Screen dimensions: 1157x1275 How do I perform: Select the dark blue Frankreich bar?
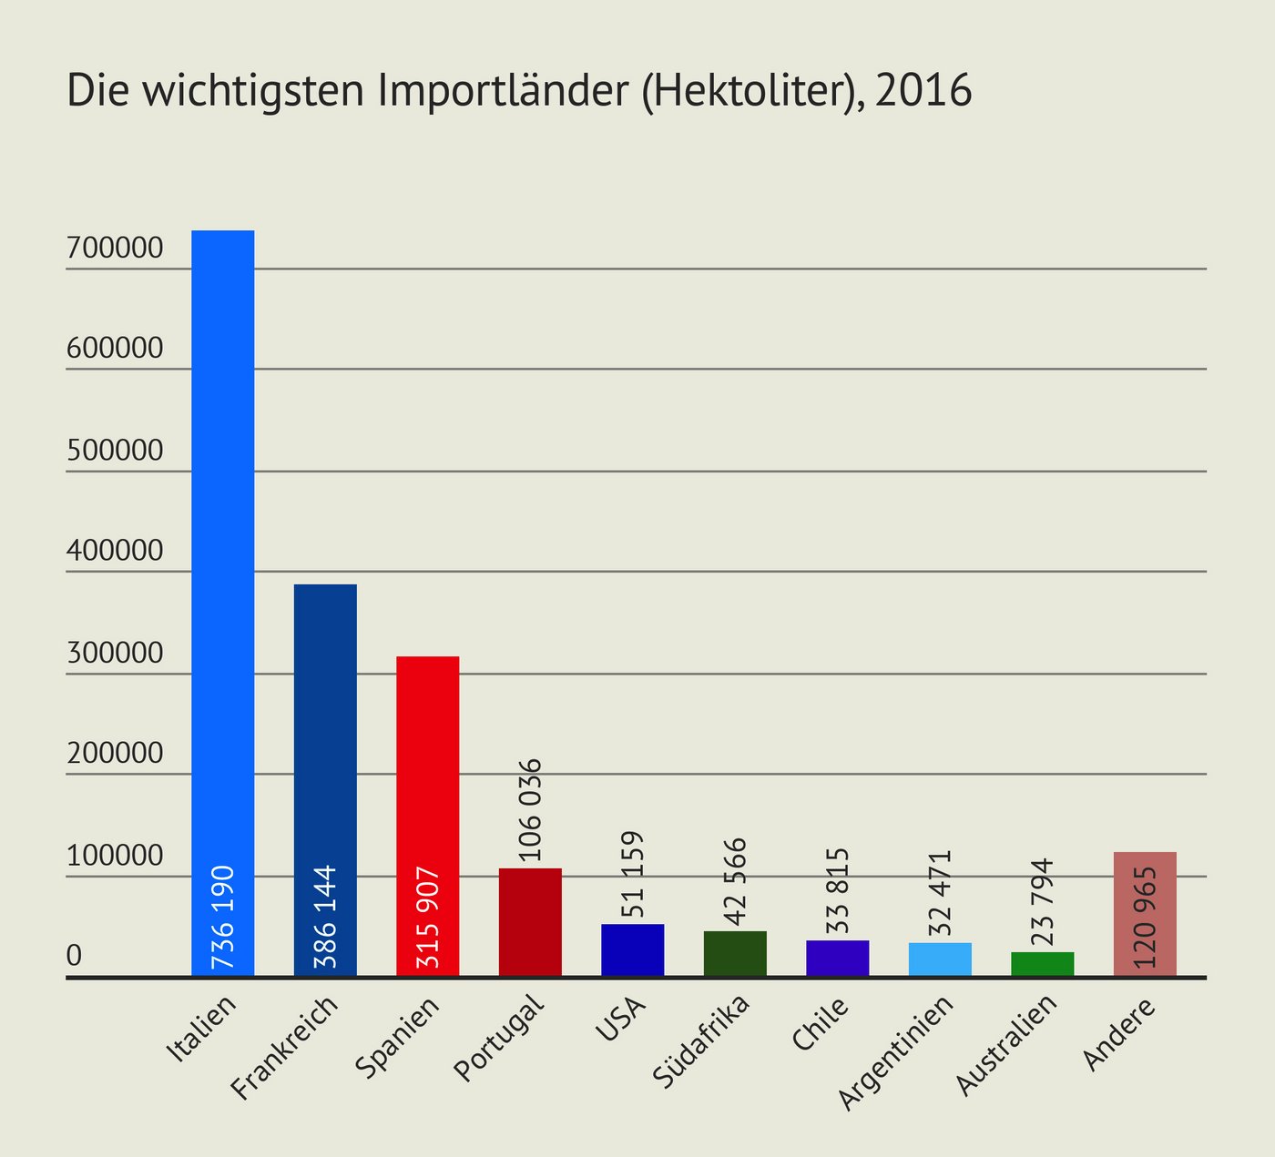coord(325,728)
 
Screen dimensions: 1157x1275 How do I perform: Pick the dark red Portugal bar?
coord(530,922)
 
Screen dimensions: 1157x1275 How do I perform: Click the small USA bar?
coord(632,949)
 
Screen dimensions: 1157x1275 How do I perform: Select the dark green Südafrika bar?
coord(735,953)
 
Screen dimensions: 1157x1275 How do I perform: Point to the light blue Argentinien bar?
coord(940,959)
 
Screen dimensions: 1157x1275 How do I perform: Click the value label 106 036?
coord(530,809)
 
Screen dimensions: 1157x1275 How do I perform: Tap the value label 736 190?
coord(223,917)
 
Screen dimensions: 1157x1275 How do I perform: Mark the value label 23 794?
coord(1044,902)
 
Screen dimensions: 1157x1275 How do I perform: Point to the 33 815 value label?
coord(838,892)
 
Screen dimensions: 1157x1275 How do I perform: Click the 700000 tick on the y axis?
coord(115,248)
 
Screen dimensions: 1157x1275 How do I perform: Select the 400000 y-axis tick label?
coord(115,551)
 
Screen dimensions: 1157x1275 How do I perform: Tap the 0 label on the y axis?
coord(75,956)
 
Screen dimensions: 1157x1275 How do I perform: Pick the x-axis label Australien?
coord(1006,1045)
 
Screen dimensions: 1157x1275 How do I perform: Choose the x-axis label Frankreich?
coord(285,1048)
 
